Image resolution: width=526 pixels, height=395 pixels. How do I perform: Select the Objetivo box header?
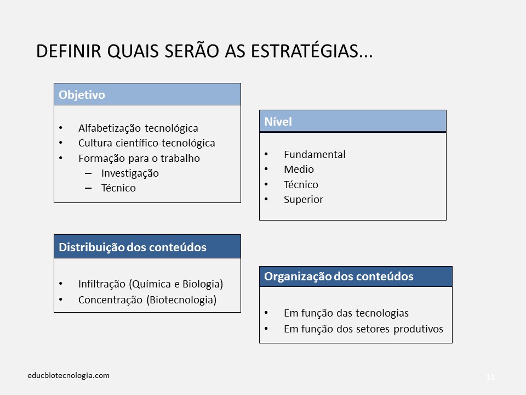click(147, 94)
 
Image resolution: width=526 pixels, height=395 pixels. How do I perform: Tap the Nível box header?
click(352, 121)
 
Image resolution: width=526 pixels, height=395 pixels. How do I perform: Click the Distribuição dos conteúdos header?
click(147, 247)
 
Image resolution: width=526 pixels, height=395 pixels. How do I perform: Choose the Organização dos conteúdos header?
click(356, 276)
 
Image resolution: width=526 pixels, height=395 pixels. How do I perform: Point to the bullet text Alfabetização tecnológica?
click(138, 128)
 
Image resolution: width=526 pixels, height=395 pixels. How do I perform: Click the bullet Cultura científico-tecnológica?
click(146, 143)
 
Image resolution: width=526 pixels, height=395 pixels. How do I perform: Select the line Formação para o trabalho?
click(139, 159)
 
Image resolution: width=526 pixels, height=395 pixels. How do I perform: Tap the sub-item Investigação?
click(130, 173)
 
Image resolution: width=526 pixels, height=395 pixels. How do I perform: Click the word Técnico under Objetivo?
click(118, 188)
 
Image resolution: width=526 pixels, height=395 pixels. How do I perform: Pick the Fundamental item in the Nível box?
click(315, 155)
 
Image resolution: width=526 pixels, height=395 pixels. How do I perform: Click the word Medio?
click(299, 170)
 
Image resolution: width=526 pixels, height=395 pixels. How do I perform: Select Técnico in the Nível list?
click(301, 185)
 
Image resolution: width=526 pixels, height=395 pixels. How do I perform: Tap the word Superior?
click(304, 200)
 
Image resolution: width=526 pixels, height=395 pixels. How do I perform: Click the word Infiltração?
click(102, 284)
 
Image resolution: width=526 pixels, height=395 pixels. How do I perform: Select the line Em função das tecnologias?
click(346, 314)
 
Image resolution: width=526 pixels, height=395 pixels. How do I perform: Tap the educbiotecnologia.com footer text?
click(68, 376)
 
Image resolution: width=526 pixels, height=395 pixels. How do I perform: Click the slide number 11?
click(490, 377)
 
